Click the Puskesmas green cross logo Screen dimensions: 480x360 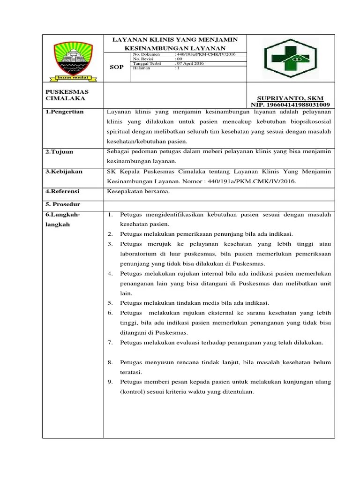290,58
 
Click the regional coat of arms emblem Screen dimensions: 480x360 73,60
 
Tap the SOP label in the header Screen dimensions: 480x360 117,67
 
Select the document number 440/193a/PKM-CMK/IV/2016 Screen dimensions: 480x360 205,55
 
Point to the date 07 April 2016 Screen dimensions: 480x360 191,63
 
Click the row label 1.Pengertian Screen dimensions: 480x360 65,112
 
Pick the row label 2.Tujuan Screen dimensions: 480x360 60,152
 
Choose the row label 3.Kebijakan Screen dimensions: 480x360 64,172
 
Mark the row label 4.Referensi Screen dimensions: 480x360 63,191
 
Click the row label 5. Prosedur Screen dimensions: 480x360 63,205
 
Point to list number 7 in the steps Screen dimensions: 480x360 110,343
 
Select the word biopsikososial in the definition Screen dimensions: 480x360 309,122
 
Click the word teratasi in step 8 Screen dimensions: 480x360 133,372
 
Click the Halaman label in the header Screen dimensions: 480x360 142,67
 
